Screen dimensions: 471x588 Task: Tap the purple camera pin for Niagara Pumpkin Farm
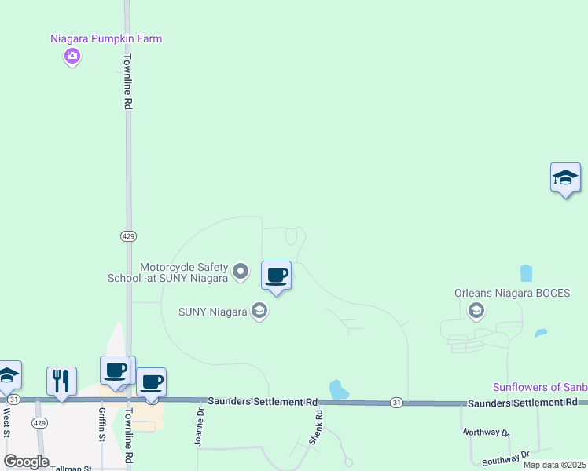click(x=72, y=56)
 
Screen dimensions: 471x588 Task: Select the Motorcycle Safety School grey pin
click(x=241, y=272)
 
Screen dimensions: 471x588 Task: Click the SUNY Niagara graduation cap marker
click(x=259, y=312)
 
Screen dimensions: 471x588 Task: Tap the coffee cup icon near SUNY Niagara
click(x=276, y=276)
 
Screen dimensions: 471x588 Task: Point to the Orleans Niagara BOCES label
click(x=512, y=294)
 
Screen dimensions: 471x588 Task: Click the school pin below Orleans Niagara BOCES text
click(x=476, y=312)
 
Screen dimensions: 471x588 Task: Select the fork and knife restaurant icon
click(x=61, y=382)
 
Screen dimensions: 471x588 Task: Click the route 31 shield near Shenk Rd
click(x=396, y=403)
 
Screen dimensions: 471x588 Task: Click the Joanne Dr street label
click(x=200, y=426)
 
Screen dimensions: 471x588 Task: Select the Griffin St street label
click(x=102, y=425)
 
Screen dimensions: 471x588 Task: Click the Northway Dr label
click(x=486, y=432)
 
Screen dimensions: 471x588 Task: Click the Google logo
click(x=26, y=462)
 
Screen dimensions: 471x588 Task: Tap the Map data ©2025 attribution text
click(x=554, y=465)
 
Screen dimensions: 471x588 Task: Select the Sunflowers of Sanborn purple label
click(x=540, y=387)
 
